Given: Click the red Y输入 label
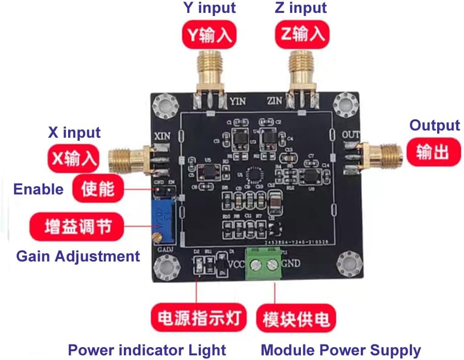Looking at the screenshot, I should point(209,35).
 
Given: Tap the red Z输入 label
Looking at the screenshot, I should point(301,35).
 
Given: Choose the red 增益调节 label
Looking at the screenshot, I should point(77,227).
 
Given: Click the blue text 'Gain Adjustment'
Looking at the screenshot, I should point(78,256).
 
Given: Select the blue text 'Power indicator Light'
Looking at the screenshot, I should point(147,350).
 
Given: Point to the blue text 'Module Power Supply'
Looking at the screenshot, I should point(341,350).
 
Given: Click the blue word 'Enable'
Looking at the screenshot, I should point(38,189).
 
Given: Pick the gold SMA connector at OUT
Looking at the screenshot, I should point(379,152).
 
